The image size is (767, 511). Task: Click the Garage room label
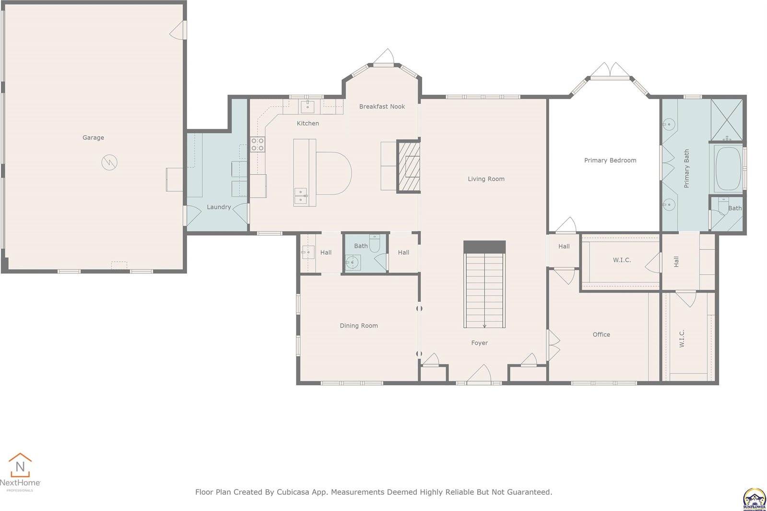click(93, 138)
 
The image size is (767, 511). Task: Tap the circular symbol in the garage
click(109, 162)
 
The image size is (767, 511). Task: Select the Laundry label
click(219, 207)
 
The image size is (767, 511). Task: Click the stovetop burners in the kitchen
click(258, 144)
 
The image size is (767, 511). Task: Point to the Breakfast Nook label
click(382, 107)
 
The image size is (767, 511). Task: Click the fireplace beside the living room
click(409, 166)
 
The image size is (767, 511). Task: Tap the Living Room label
click(486, 179)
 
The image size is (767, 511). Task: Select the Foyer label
click(479, 343)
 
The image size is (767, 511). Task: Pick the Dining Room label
click(359, 326)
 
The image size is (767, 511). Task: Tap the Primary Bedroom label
click(610, 160)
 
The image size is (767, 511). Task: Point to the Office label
click(601, 335)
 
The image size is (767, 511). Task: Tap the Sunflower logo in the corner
click(754, 499)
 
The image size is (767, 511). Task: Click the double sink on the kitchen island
click(301, 196)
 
